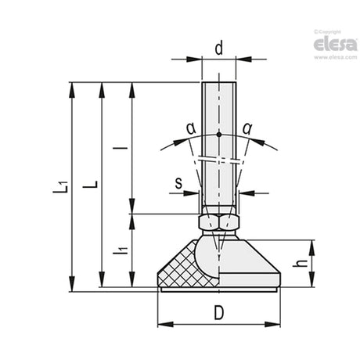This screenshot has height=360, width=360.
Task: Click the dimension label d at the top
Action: (219, 49)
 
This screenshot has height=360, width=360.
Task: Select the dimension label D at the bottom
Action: (219, 312)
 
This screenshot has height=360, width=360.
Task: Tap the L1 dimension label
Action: (60, 187)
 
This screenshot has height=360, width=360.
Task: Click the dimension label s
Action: (178, 182)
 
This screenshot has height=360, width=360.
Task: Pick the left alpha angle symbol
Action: (191, 128)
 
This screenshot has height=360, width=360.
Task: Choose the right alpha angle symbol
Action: (247, 128)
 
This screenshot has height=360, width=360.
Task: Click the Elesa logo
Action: (336, 45)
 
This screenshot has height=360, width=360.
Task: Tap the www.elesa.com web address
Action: (336, 57)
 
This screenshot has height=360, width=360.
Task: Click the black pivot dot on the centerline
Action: (219, 135)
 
